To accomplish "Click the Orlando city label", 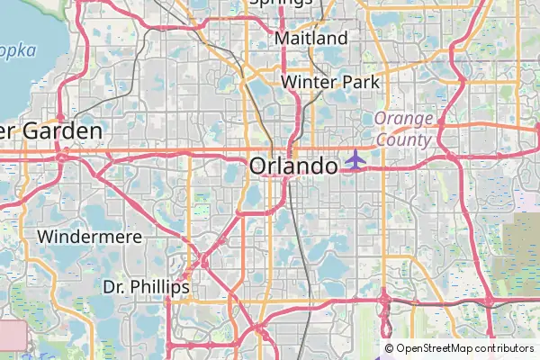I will pyautogui.click(x=293, y=166).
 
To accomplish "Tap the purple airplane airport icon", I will pyautogui.click(x=355, y=159).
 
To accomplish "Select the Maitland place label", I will pyautogui.click(x=310, y=39).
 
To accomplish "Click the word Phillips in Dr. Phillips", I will pyautogui.click(x=159, y=287).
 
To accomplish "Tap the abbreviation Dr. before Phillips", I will pyautogui.click(x=114, y=287).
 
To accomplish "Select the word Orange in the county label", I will pyautogui.click(x=404, y=120).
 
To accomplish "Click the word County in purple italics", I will pyautogui.click(x=404, y=139).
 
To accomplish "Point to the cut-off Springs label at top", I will pyautogui.click(x=281, y=4).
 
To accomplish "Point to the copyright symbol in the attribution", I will pyautogui.click(x=389, y=348).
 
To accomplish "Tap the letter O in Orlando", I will pyautogui.click(x=259, y=166).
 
